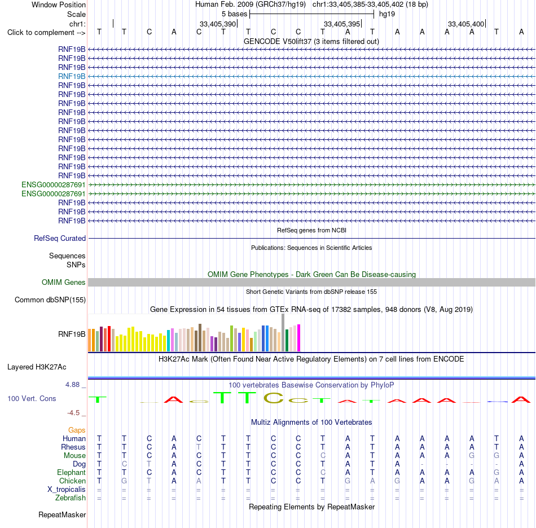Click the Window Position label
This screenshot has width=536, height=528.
coord(59,5)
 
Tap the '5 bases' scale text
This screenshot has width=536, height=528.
coord(234,14)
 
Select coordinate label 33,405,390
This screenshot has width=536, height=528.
coord(218,24)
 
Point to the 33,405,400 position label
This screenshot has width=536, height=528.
coord(466,24)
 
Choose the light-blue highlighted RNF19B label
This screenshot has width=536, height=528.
coord(72,76)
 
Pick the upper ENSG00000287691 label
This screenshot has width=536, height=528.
coord(54,184)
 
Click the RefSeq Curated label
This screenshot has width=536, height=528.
coord(60,238)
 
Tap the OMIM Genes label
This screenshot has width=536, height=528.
coord(64,282)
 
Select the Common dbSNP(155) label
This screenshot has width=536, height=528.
coord(50,300)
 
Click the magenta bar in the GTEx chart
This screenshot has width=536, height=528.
coord(299,338)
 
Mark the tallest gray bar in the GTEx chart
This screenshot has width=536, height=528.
coord(283,332)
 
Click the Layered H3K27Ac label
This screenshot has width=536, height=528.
coord(37,367)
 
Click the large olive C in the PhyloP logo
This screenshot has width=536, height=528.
coord(274,398)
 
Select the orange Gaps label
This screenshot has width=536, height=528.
coord(77,430)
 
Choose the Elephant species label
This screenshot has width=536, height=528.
coord(71,472)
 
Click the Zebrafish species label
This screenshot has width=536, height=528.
coord(71,498)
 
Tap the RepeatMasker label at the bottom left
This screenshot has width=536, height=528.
coord(62,514)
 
